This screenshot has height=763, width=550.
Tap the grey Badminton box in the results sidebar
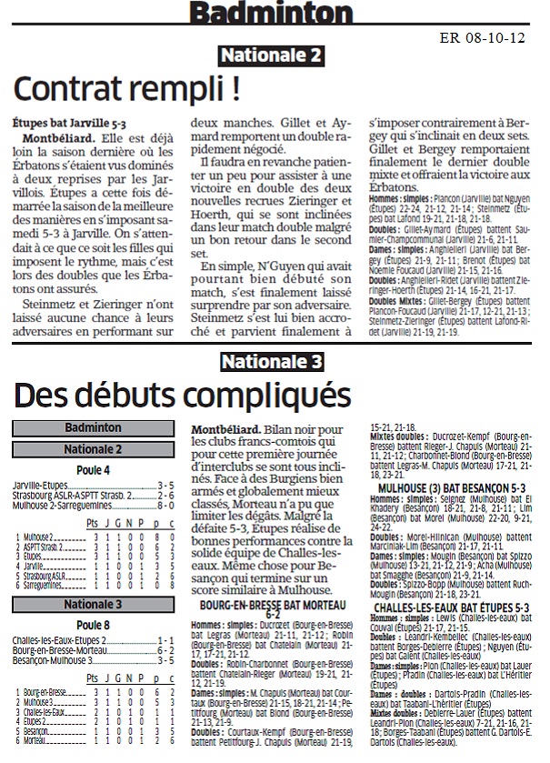pos(94,427)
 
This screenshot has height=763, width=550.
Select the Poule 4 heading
pos(94,470)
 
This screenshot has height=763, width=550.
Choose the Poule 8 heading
pos(94,625)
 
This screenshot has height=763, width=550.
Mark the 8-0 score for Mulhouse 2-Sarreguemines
pos(165,503)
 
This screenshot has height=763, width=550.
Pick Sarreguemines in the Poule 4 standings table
pos(46,587)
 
